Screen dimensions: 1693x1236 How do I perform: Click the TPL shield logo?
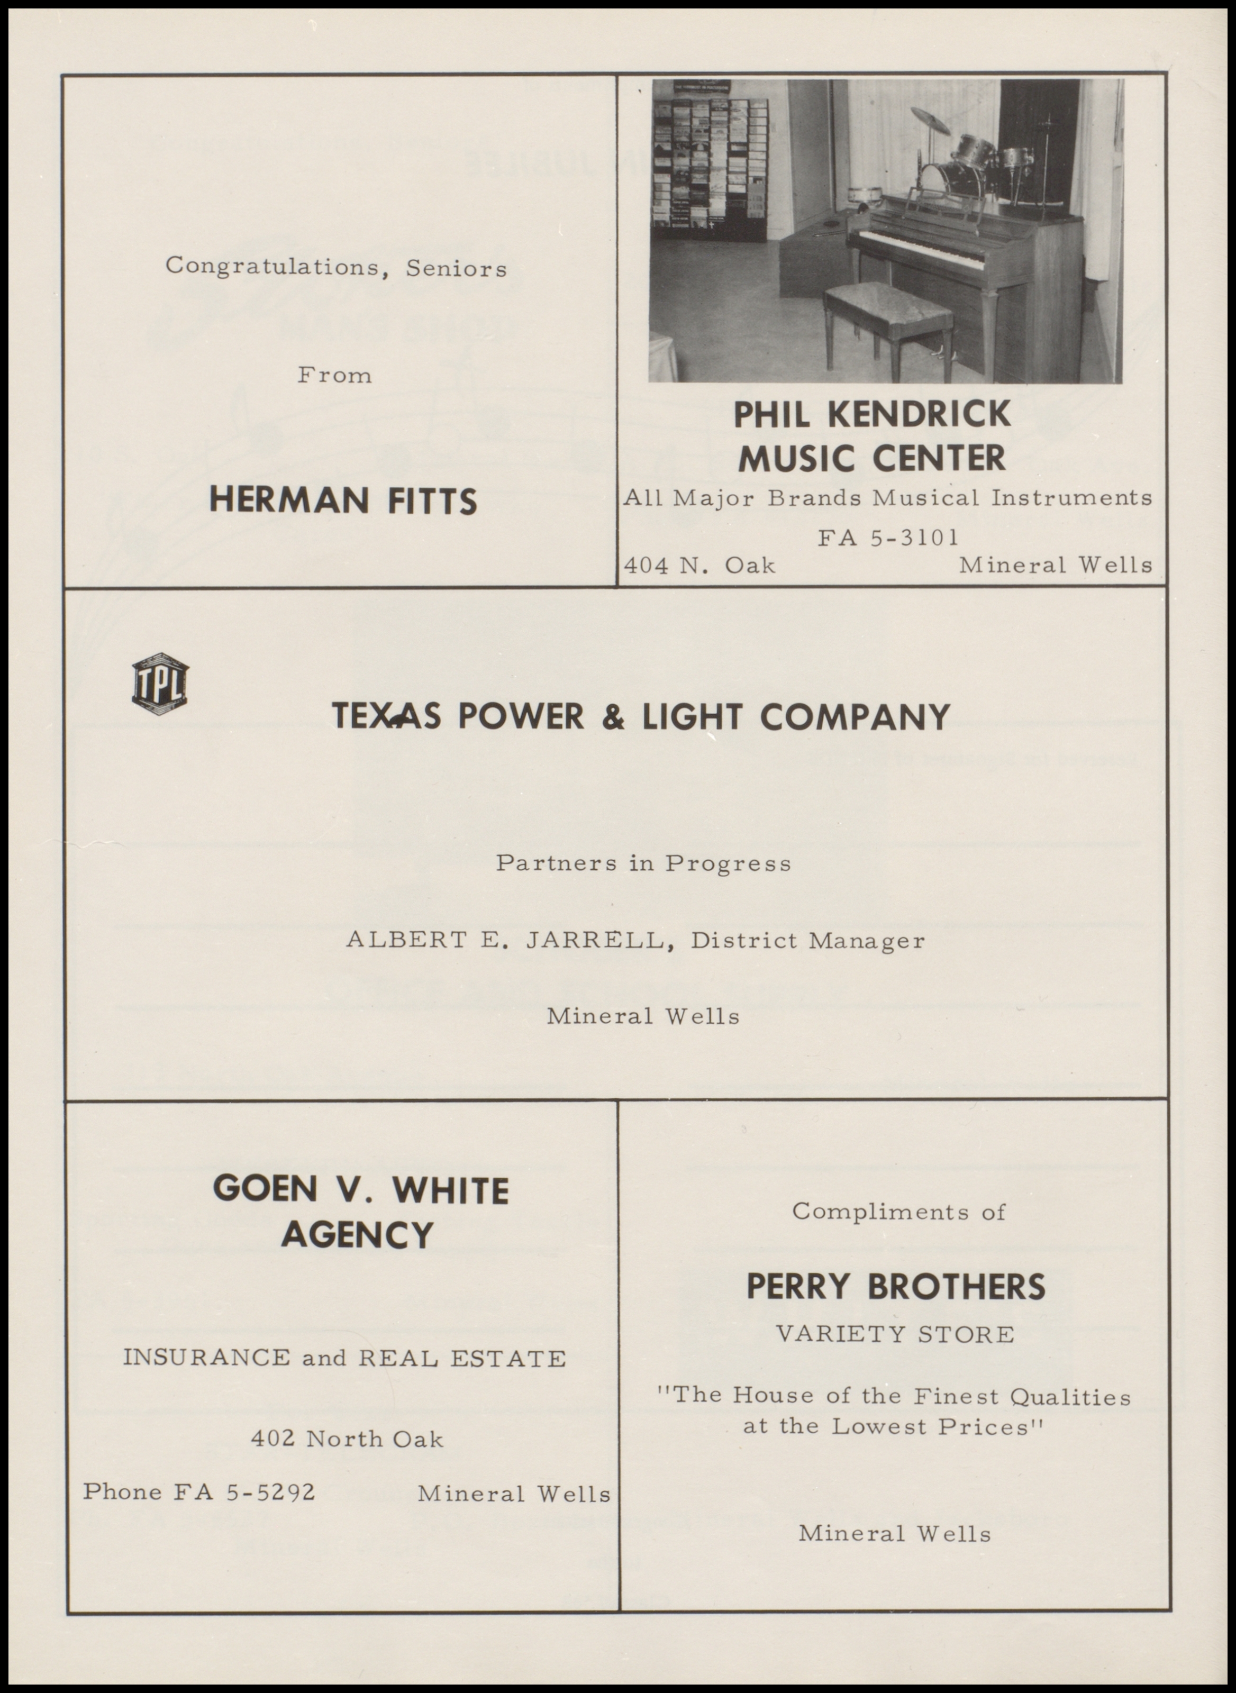(x=160, y=683)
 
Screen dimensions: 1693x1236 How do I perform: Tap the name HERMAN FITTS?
(x=343, y=501)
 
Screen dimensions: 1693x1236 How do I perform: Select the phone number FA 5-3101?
(x=887, y=537)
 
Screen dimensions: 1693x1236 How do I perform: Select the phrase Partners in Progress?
(x=643, y=863)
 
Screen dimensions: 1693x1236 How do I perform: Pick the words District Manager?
(x=807, y=940)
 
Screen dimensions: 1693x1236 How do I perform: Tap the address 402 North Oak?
(x=347, y=1439)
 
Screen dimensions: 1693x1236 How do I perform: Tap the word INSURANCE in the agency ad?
(x=206, y=1358)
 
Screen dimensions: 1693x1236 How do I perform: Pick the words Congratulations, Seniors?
(x=336, y=267)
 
